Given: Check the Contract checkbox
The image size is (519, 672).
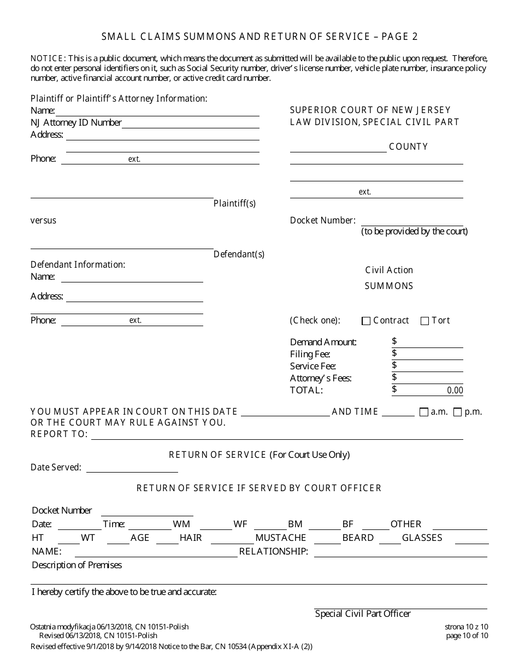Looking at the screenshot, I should [x=366, y=321].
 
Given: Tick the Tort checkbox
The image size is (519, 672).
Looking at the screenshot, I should [x=424, y=321].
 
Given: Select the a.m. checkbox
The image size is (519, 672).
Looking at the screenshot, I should [x=423, y=412].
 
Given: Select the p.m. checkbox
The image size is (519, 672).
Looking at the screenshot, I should [x=457, y=412].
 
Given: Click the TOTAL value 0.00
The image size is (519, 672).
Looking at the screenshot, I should [x=455, y=391].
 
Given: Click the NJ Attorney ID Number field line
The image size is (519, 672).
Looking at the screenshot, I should [x=190, y=123].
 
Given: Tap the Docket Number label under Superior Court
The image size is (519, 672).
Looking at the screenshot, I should [x=322, y=220].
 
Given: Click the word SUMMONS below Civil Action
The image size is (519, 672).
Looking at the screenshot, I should [x=389, y=286].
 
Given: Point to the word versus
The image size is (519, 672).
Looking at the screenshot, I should [x=43, y=220].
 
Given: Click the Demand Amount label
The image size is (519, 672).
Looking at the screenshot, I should [x=323, y=342].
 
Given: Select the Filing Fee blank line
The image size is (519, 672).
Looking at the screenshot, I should [x=427, y=355].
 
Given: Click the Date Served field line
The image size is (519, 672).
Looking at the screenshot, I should [x=132, y=468].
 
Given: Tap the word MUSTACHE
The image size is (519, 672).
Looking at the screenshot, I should [x=280, y=538].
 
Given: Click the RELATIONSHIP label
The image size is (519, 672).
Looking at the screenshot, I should [x=273, y=551].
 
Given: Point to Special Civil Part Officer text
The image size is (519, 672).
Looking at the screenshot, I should [x=363, y=614].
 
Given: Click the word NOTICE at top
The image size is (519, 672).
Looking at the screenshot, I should [x=48, y=58].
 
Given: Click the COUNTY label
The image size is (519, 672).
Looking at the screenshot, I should [x=408, y=146].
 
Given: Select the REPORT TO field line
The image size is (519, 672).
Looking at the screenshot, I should [x=277, y=435].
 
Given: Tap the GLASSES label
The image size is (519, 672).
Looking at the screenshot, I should [x=422, y=538].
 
